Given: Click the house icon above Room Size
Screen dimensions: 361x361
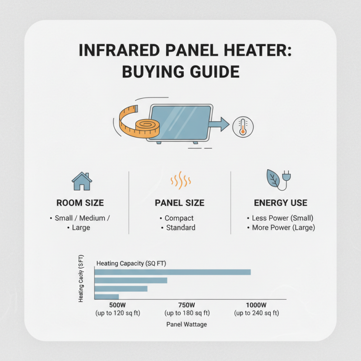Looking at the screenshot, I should pos(82,181).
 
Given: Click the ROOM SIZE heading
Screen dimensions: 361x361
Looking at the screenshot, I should pos(80,203).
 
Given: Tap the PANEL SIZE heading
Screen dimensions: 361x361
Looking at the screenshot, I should pos(180,203).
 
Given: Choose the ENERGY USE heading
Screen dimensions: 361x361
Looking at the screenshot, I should pos(280,203).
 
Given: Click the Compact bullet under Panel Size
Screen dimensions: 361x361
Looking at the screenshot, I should pos(179,218).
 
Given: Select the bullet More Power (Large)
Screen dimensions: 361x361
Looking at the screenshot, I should pos(283,227).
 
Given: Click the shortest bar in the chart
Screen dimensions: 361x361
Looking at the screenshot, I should pos(106,296).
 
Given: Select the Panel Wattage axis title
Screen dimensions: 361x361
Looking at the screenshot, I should pos(186,324).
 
